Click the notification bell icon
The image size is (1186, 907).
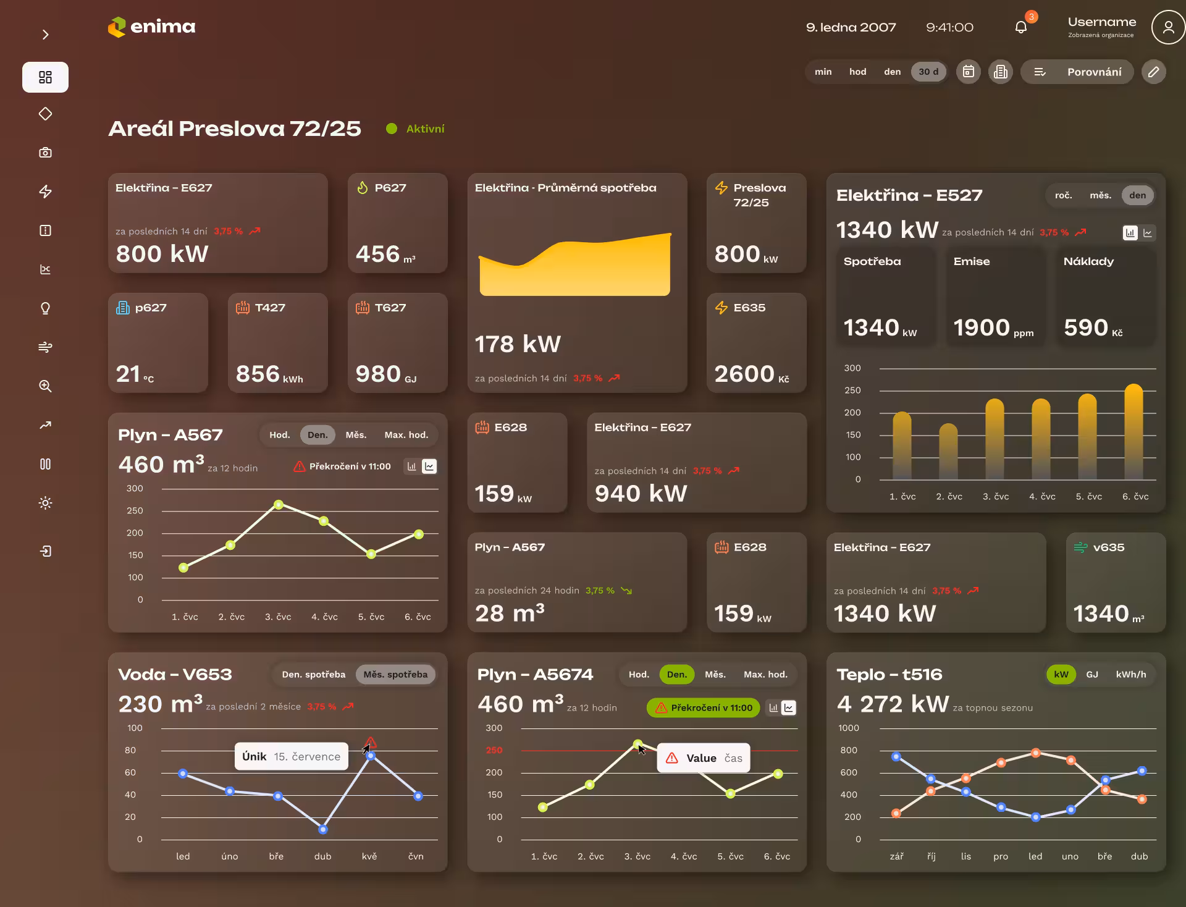click(1021, 27)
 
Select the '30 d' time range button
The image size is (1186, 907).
click(928, 72)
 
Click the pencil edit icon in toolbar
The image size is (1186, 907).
click(1153, 72)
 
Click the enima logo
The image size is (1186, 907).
click(151, 27)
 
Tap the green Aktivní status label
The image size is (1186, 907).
click(425, 129)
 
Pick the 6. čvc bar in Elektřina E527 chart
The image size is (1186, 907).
click(1133, 431)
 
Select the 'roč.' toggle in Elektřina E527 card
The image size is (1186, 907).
click(1063, 195)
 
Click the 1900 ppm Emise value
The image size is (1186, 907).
click(993, 328)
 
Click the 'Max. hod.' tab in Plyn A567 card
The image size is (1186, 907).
click(406, 435)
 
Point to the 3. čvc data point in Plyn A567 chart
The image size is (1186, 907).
click(279, 505)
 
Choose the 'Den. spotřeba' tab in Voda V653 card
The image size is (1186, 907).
click(313, 674)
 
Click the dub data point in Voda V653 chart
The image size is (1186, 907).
click(322, 829)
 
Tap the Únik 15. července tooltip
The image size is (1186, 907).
click(291, 756)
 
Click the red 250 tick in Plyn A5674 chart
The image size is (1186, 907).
click(494, 750)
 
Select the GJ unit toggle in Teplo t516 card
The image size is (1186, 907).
click(1092, 674)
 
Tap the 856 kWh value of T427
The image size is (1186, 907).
click(269, 374)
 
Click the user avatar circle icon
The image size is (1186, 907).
click(1167, 27)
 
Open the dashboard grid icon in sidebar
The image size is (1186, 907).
click(45, 77)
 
